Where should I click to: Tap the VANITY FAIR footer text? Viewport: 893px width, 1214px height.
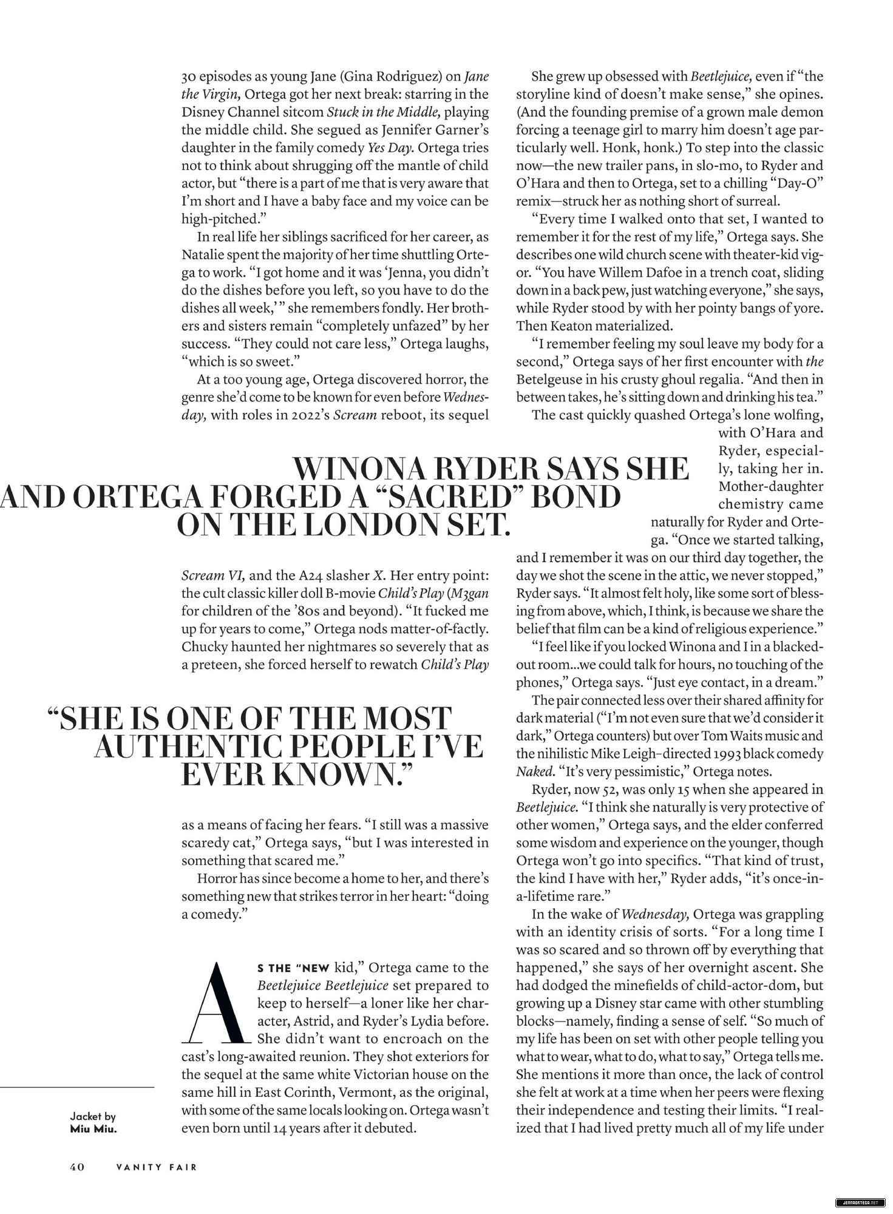click(x=157, y=1167)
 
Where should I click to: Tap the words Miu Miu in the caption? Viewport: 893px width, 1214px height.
click(x=93, y=1129)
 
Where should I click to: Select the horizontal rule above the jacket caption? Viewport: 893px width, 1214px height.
click(x=77, y=1087)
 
